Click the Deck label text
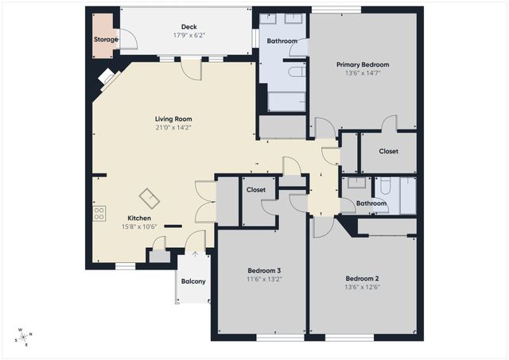click(188, 27)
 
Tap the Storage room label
click(106, 40)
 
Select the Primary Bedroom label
click(363, 64)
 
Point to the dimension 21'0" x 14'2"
click(173, 127)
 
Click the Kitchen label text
click(140, 218)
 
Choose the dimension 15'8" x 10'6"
click(140, 227)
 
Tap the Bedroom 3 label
click(262, 271)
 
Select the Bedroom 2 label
click(362, 278)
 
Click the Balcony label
click(193, 282)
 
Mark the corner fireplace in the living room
click(107, 77)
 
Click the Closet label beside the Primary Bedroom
click(388, 151)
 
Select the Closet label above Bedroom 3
click(255, 190)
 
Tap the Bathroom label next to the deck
click(282, 41)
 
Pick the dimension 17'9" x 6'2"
click(188, 36)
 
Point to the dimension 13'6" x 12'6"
click(362, 288)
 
